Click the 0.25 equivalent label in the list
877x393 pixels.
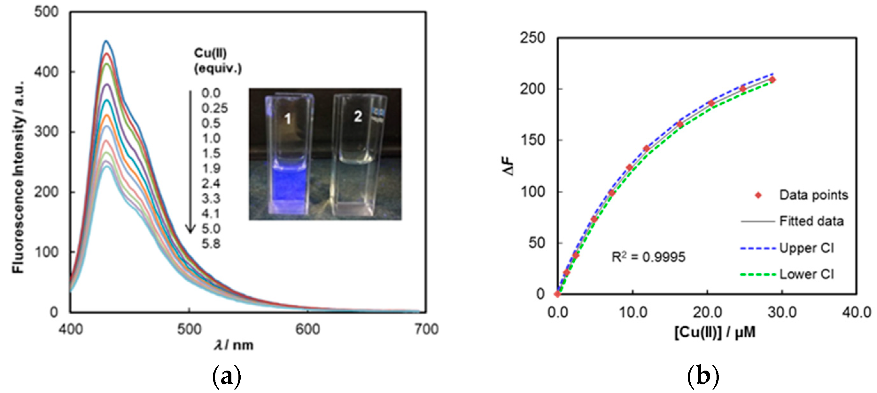214,108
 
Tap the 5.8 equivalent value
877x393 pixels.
211,244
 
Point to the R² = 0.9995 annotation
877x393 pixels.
648,257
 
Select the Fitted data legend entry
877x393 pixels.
811,221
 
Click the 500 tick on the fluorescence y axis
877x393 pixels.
46,12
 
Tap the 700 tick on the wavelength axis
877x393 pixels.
426,330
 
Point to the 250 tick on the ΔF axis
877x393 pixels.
532,38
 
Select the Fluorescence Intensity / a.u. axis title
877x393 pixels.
19,177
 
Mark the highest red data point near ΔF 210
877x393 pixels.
772,80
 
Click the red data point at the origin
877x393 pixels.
557,294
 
